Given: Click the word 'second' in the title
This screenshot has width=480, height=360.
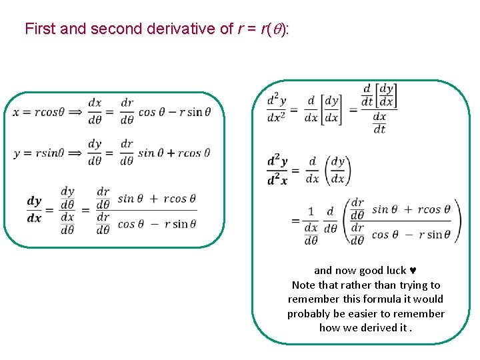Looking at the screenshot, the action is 115,29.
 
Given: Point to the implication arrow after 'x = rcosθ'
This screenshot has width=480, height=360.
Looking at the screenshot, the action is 77,112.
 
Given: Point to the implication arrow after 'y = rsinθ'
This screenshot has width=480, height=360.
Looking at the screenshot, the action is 77,153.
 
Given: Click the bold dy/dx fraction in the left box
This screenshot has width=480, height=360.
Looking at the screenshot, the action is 34,209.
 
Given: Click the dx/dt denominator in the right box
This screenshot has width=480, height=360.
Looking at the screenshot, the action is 379,124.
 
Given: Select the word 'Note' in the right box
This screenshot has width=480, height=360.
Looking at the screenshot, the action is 304,285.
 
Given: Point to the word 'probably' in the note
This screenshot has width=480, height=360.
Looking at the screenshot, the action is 309,313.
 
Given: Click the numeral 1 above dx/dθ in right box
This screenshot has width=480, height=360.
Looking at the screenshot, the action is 311,211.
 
